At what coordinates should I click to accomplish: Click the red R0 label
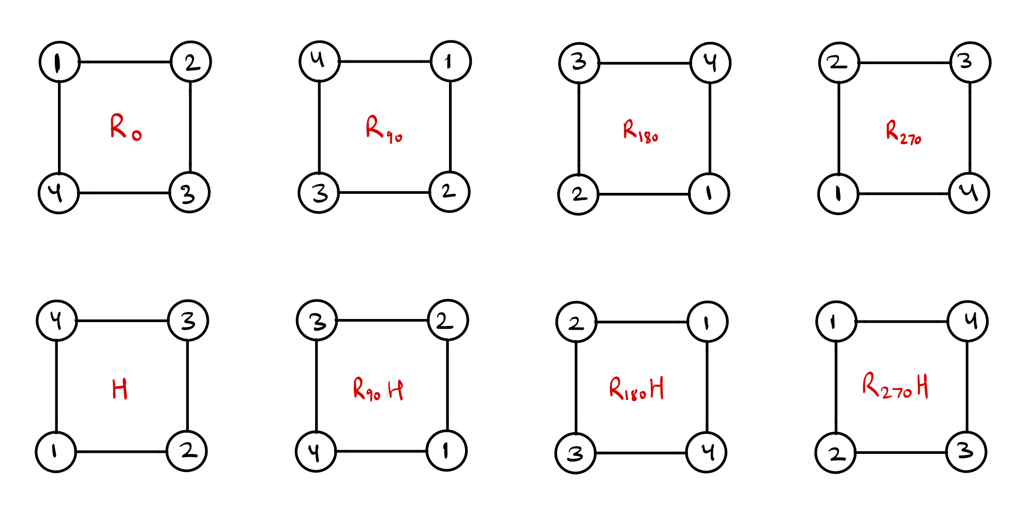click(x=125, y=127)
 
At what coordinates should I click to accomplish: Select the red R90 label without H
click(x=383, y=129)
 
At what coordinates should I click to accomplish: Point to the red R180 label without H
click(x=640, y=131)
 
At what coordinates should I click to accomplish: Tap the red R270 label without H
click(x=903, y=132)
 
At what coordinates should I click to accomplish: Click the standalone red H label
click(x=119, y=389)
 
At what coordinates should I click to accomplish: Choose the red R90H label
click(x=378, y=389)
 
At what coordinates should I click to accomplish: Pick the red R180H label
click(x=636, y=389)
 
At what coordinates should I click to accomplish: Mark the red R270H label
click(x=895, y=386)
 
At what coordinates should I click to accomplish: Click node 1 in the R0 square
click(x=59, y=62)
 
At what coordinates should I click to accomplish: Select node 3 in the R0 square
click(x=189, y=193)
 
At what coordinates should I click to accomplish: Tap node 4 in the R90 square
click(x=320, y=62)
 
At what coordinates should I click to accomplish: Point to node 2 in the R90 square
click(x=450, y=192)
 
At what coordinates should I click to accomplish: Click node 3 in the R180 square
click(x=579, y=63)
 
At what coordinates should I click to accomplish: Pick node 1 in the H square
click(x=56, y=452)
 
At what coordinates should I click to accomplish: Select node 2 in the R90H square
click(x=448, y=321)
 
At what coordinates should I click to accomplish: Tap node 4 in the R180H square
click(x=706, y=453)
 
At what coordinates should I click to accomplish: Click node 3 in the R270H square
click(x=966, y=452)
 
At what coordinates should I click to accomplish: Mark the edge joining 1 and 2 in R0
click(x=125, y=62)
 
